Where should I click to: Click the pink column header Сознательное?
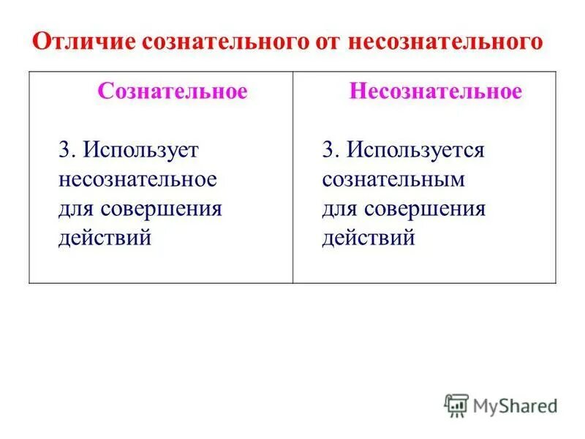173,91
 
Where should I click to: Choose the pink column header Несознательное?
436,91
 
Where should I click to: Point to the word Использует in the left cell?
140,150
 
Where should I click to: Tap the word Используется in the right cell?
416,150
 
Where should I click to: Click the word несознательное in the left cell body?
137,179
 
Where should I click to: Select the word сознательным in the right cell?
393,179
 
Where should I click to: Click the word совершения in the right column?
425,209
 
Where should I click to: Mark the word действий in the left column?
105,238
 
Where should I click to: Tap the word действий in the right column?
369,238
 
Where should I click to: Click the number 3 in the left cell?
64,150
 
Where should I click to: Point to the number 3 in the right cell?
328,150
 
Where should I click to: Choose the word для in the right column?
339,209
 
